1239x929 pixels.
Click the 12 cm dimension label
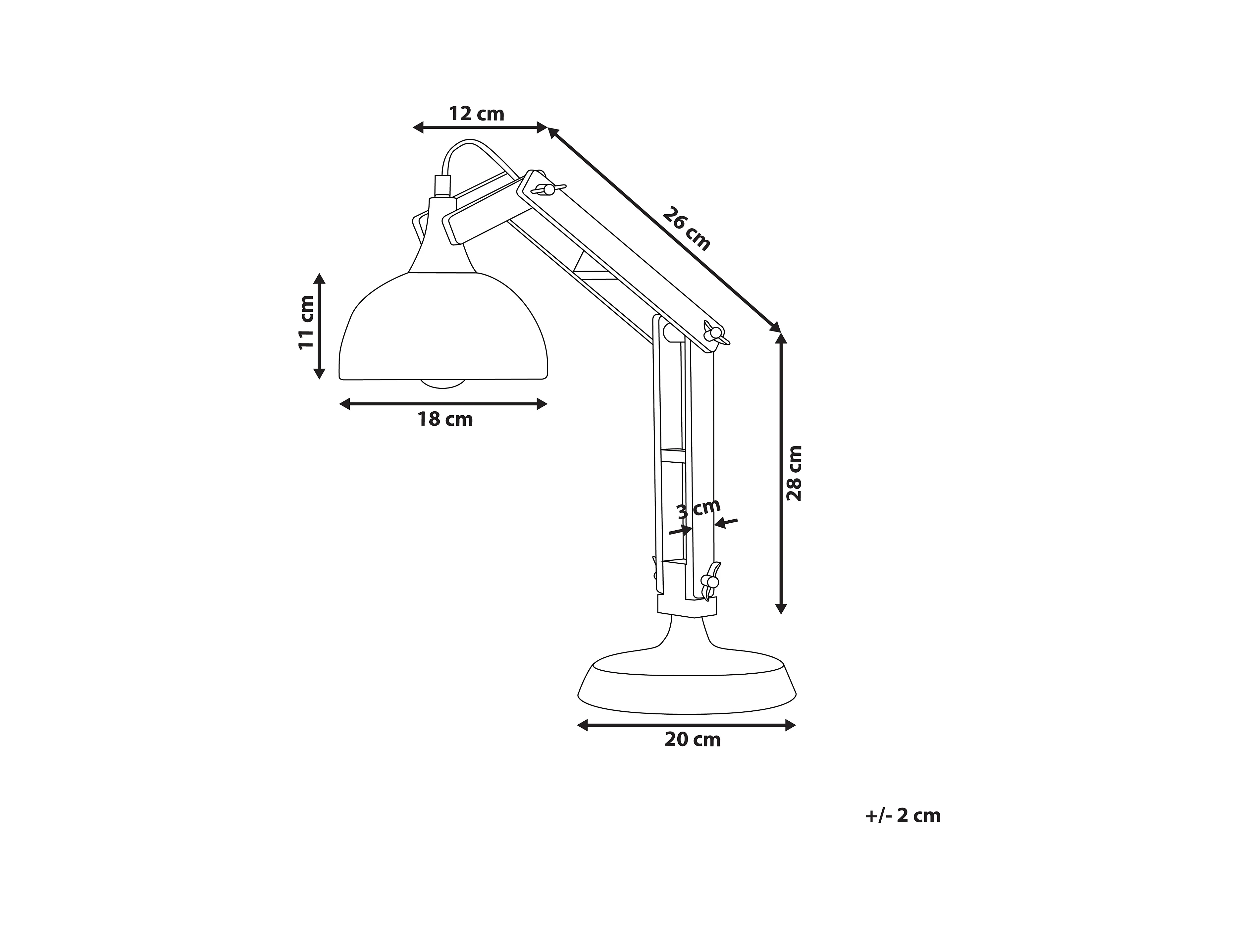[477, 114]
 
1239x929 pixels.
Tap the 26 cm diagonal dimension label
[686, 229]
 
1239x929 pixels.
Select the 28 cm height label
[794, 473]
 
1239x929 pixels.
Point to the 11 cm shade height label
[306, 323]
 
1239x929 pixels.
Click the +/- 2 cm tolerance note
[903, 815]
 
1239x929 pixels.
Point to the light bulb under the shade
[443, 384]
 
